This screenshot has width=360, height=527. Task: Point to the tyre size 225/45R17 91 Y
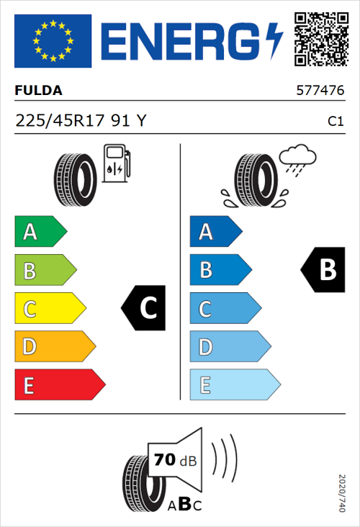point(80,121)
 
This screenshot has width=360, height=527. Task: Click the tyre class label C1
point(335,122)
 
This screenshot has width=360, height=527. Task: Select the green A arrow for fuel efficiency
point(40,232)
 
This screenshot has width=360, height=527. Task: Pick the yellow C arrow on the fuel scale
point(50,309)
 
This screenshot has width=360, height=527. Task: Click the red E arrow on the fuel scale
point(60,385)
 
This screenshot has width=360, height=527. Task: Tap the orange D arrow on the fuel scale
point(55,347)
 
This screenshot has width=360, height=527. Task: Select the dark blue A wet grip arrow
point(215,232)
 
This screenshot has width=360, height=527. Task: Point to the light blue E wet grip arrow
point(234,385)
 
